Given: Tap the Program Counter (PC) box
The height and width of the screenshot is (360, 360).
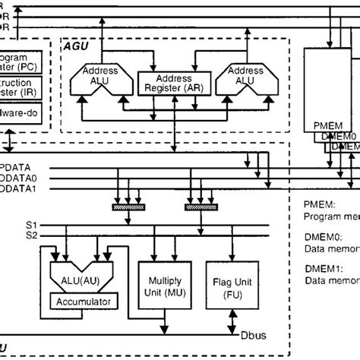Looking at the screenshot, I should (x=24, y=61).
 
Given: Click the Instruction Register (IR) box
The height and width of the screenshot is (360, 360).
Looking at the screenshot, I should (x=24, y=83).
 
